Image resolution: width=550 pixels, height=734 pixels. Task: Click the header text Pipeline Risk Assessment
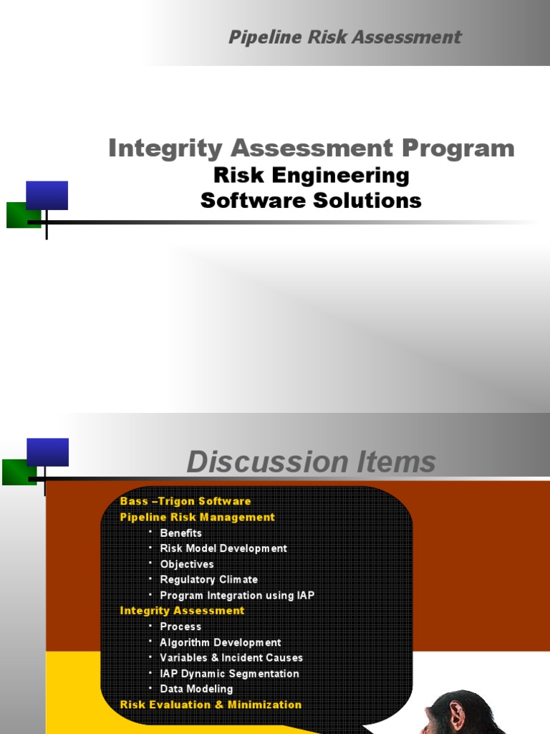[x=344, y=37]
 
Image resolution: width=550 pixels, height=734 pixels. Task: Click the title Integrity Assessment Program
[x=312, y=148]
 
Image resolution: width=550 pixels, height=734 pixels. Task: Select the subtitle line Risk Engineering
[x=312, y=175]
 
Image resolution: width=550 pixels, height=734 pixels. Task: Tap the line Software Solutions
[x=312, y=201]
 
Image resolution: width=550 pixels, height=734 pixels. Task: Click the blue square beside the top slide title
[x=47, y=195]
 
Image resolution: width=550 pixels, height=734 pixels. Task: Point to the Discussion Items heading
[x=311, y=462]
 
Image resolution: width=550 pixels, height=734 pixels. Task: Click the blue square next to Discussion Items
[x=47, y=452]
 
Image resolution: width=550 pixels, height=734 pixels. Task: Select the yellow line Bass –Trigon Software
[x=185, y=501]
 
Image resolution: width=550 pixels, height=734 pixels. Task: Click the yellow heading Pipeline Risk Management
[x=198, y=517]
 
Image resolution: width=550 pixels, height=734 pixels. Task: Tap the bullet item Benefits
[x=180, y=533]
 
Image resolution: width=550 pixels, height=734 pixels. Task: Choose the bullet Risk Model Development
[x=223, y=548]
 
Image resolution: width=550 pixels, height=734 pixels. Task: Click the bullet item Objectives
[x=187, y=564]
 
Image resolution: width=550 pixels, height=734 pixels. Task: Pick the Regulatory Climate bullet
[x=208, y=579]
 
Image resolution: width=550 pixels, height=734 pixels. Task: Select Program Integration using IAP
[x=237, y=595]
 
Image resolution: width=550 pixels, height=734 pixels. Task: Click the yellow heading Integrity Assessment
[x=182, y=611]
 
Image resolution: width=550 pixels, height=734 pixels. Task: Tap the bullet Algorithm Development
[x=221, y=642]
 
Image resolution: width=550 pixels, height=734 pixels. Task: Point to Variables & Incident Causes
[x=231, y=658]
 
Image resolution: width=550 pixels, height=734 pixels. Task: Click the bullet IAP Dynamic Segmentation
[x=229, y=674]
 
